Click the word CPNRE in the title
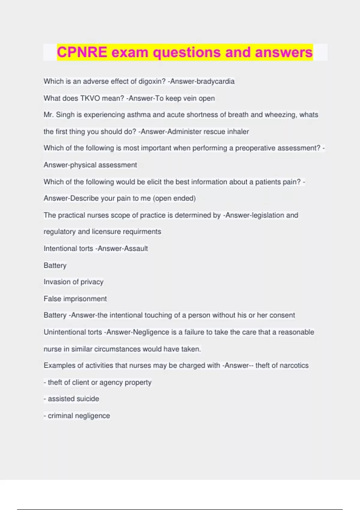tap(82, 52)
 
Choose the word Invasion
tap(57, 282)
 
